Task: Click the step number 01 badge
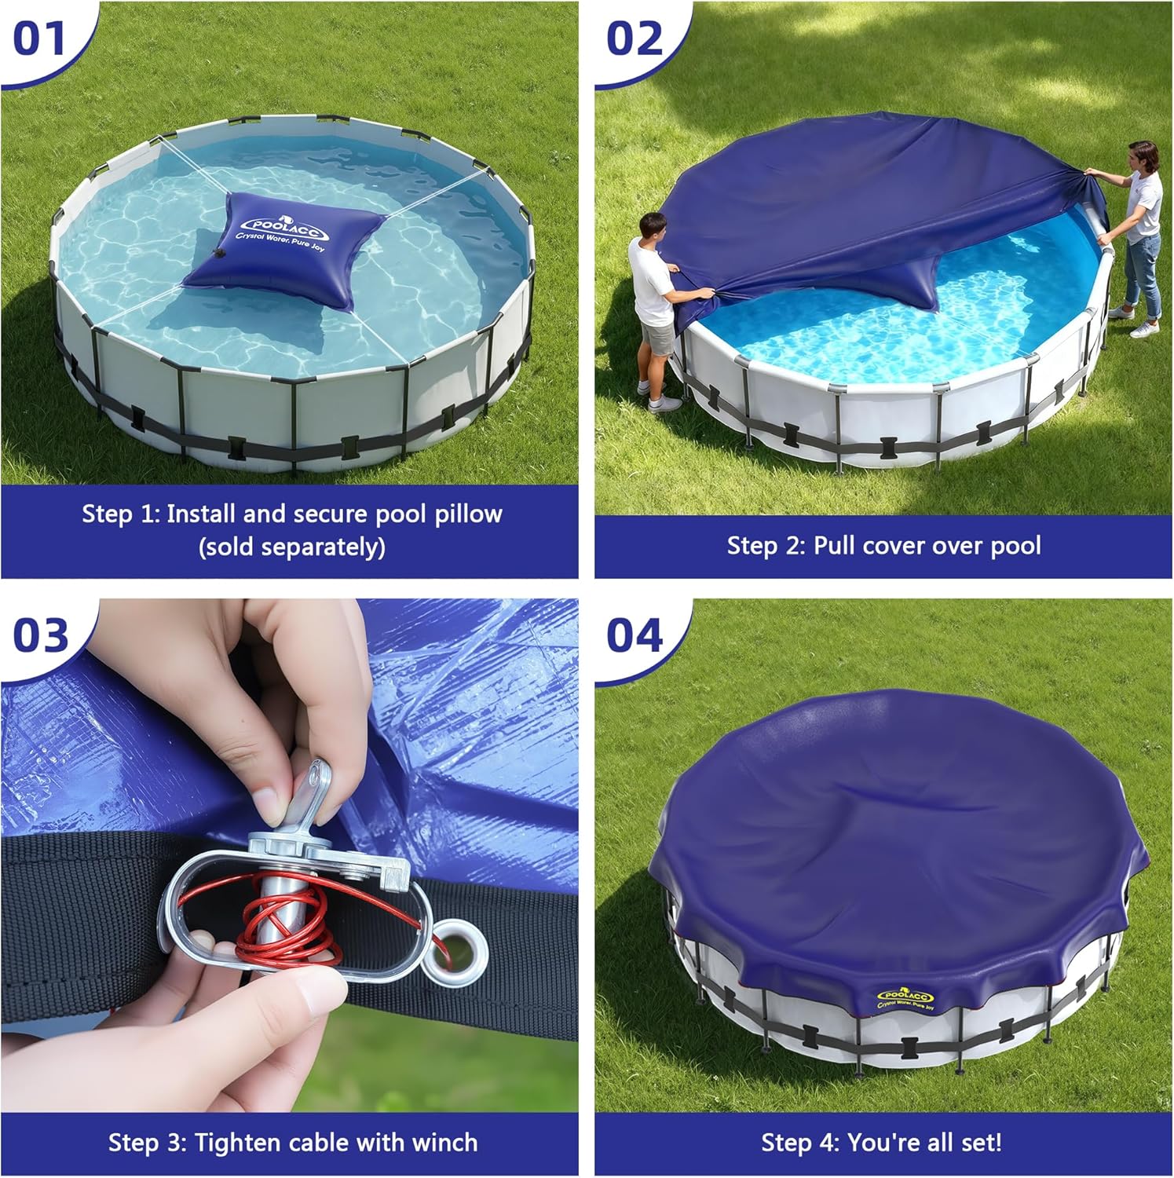[x=39, y=38]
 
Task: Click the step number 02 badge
[x=635, y=38]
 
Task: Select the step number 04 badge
[x=635, y=635]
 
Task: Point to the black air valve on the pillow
[x=216, y=252]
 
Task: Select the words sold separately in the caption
[x=291, y=547]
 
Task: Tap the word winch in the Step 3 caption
[x=442, y=1142]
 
